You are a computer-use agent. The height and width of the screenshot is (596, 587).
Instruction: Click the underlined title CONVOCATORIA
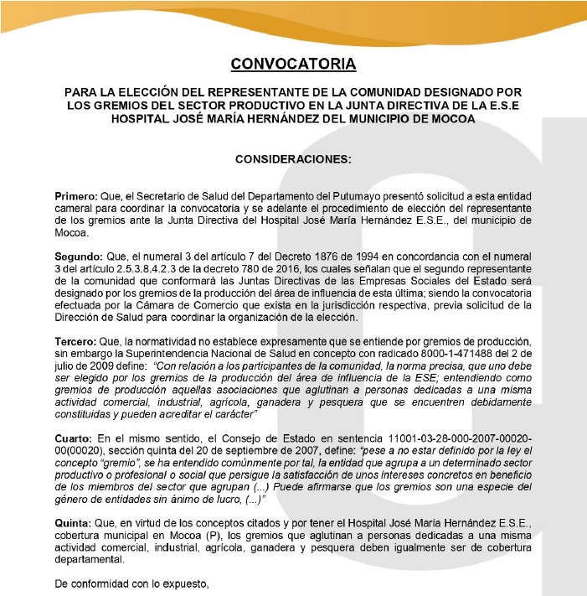coord(293,64)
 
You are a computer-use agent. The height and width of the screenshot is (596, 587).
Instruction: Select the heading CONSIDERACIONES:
coord(293,158)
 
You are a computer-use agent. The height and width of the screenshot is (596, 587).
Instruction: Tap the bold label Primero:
coord(75,195)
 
